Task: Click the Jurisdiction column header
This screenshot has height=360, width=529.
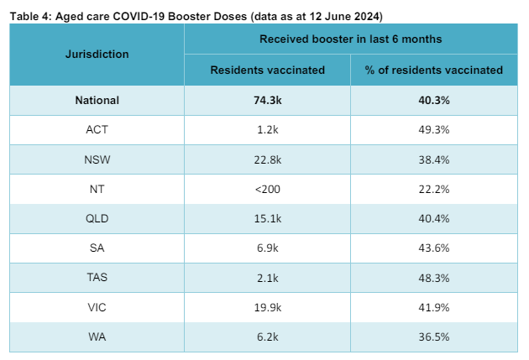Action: (97, 55)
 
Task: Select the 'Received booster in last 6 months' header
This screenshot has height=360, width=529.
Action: (350, 39)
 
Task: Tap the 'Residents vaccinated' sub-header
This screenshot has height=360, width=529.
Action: (267, 70)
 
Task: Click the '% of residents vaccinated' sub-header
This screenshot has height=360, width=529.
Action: (433, 70)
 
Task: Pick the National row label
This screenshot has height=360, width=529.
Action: (97, 101)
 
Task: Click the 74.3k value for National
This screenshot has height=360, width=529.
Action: (267, 101)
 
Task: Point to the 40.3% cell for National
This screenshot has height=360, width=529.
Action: (433, 101)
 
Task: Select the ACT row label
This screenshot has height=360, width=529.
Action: (97, 130)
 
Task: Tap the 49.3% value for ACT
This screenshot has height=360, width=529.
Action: (433, 130)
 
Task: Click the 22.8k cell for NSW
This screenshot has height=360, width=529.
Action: (267, 159)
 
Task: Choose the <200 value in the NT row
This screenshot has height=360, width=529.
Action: (267, 189)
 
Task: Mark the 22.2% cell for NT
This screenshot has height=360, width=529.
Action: (433, 189)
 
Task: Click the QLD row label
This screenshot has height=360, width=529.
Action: (97, 218)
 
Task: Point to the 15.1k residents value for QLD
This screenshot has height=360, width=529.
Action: (267, 218)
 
